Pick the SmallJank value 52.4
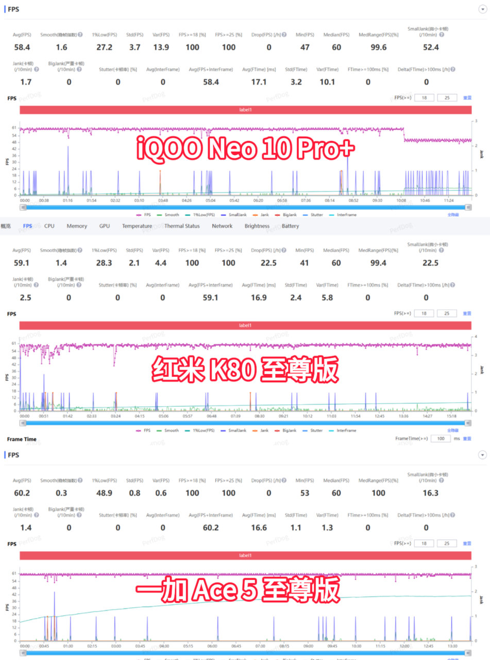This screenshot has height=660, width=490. pyautogui.click(x=431, y=47)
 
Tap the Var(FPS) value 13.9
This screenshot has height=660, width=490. pyautogui.click(x=161, y=47)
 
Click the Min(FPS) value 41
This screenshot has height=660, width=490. pyautogui.click(x=305, y=263)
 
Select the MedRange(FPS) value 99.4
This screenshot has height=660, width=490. pyautogui.click(x=378, y=263)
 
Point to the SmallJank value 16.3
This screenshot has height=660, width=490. pyautogui.click(x=430, y=493)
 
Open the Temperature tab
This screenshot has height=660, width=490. pyautogui.click(x=137, y=226)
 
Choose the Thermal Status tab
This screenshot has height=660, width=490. pyautogui.click(x=182, y=226)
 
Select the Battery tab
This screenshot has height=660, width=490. pyautogui.click(x=290, y=226)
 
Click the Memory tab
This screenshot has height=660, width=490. pyautogui.click(x=77, y=226)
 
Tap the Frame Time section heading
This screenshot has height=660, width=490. pyautogui.click(x=22, y=439)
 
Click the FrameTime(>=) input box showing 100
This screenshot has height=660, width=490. pyautogui.click(x=441, y=438)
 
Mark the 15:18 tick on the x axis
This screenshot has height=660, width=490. pyautogui.click(x=451, y=416)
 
